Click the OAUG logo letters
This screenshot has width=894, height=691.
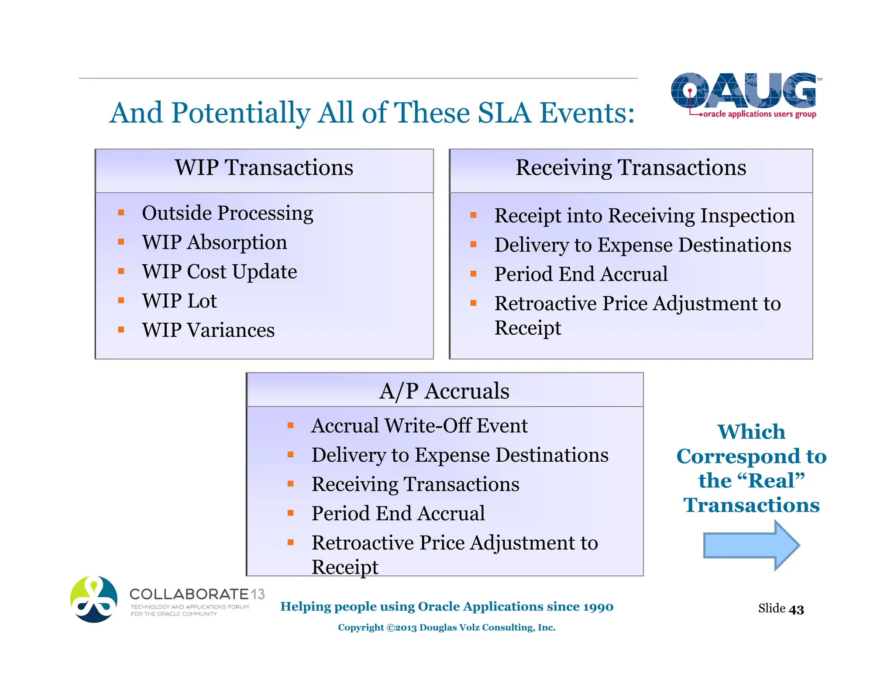coord(743,90)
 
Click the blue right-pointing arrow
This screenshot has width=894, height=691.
coord(750,545)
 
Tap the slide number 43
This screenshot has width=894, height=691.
coord(796,609)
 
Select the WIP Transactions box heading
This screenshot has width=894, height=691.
coord(264,168)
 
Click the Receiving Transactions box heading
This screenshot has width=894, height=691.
coord(631,168)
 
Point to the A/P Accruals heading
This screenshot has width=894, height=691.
coord(444,391)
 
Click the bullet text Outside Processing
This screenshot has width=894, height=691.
coord(227,213)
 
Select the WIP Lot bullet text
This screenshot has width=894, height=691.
coord(179,301)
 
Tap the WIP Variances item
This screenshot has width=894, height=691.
coord(208,330)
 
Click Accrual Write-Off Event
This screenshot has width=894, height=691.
coord(419,426)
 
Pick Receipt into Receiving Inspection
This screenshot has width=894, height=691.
coord(644,216)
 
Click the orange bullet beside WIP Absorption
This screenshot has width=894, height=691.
coord(121,242)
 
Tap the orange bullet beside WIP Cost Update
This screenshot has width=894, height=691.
coord(121,271)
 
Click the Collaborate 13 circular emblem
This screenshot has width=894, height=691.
coord(94,599)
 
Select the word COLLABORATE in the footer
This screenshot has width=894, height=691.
coord(189,594)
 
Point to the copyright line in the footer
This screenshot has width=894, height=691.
coord(447,628)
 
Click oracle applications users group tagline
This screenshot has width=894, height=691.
coord(760,114)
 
